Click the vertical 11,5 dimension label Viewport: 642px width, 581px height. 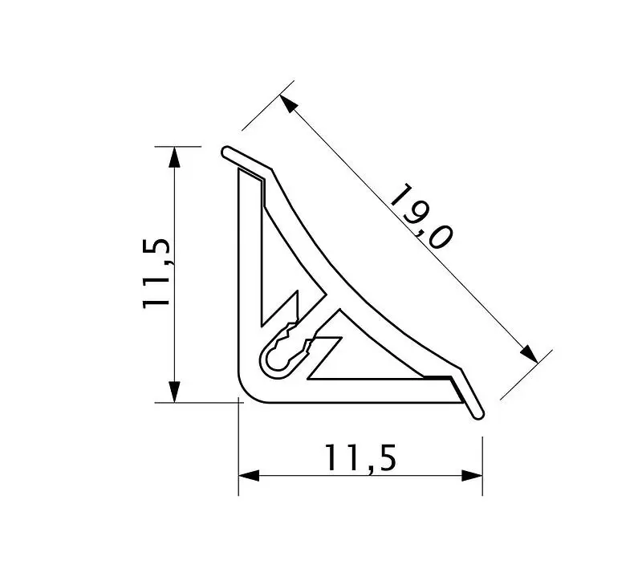(156, 273)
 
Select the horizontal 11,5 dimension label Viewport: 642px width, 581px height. (360, 458)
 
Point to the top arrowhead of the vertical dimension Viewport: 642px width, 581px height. (174, 156)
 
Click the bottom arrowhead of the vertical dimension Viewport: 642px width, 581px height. (174, 392)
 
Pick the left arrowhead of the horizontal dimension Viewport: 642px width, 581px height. (249, 476)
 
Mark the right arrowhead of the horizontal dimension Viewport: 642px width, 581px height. (472, 476)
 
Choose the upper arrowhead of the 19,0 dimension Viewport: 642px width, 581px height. (288, 104)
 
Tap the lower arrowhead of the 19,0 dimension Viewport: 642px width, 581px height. (530, 354)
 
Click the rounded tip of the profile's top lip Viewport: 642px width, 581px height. (226, 152)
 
